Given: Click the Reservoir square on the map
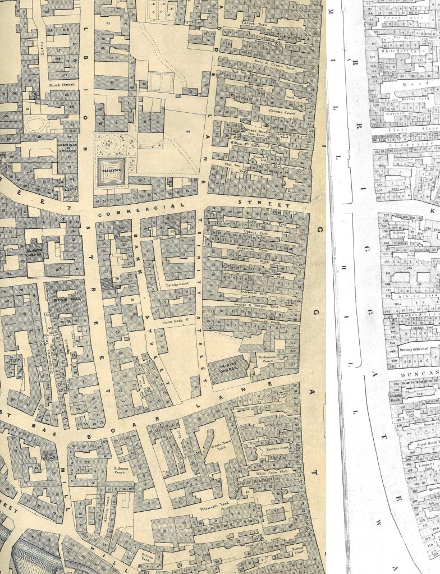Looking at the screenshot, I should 109,167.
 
